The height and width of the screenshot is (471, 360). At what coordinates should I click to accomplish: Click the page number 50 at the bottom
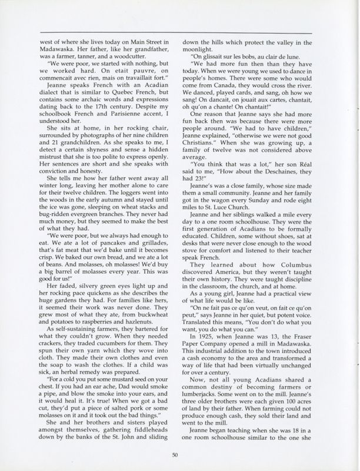coord(175,453)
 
